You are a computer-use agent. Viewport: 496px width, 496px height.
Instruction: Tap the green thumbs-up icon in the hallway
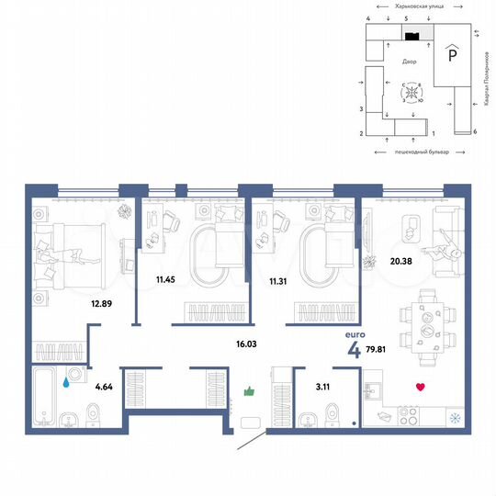(x=247, y=392)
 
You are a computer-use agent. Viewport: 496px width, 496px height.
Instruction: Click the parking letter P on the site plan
(x=451, y=56)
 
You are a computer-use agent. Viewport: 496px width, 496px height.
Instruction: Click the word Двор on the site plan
(x=410, y=62)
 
